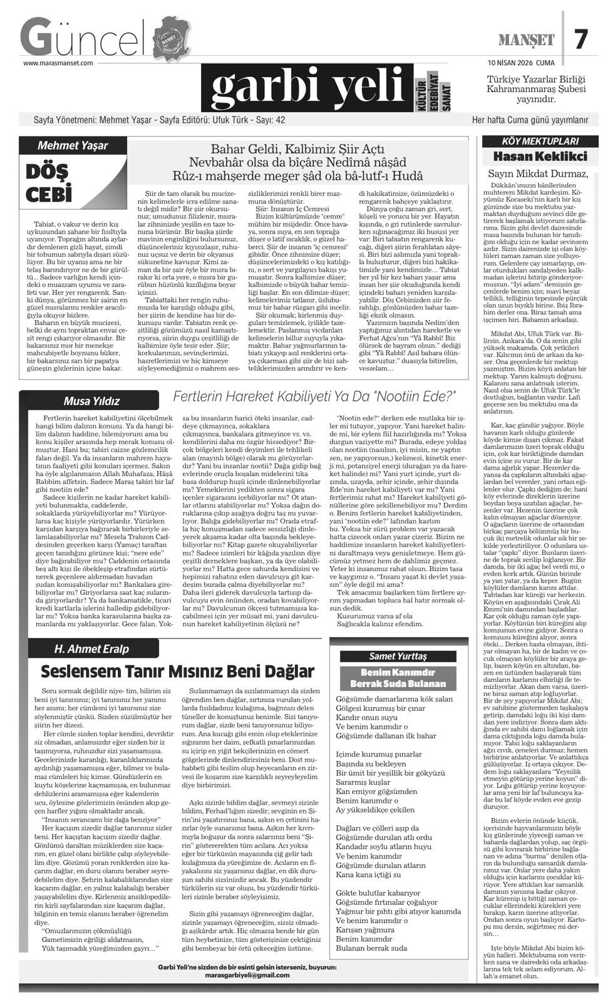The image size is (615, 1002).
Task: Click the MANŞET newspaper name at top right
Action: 526,41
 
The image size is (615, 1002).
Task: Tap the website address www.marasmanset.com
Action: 58,63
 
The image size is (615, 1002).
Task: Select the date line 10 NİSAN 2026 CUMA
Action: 521,63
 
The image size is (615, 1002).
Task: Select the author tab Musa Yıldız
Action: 91,401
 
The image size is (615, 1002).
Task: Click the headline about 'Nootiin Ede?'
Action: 314,396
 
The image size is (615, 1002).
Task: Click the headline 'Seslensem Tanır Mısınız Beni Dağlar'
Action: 177,671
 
